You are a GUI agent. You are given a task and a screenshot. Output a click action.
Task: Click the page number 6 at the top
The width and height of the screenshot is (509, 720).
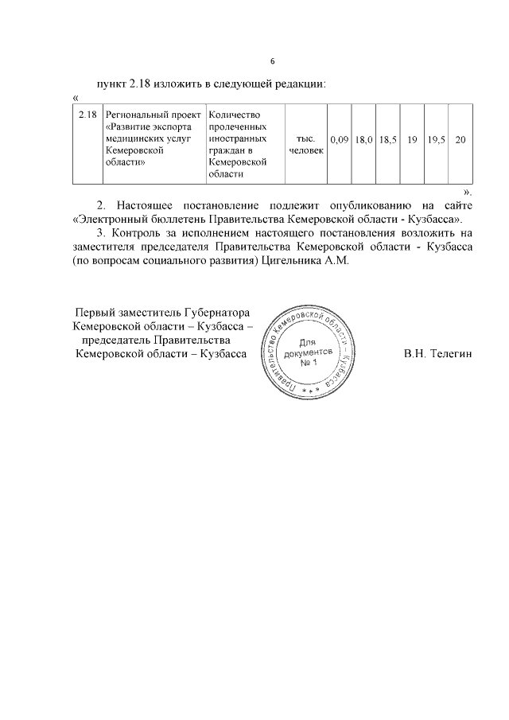click(x=272, y=61)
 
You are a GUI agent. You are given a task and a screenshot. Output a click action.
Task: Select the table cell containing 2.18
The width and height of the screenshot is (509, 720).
click(x=87, y=115)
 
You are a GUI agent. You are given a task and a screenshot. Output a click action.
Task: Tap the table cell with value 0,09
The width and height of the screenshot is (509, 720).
click(x=340, y=140)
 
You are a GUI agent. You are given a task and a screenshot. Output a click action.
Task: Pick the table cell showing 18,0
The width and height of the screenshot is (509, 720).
click(x=364, y=140)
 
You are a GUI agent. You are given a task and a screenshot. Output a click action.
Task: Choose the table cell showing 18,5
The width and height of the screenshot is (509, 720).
click(x=388, y=140)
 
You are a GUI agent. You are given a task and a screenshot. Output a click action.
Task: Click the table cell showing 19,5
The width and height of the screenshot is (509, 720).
click(x=436, y=140)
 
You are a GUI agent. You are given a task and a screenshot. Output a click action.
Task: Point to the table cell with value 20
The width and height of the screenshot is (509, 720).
click(x=460, y=140)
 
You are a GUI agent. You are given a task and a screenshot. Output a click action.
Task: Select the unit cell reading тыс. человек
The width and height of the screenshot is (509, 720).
click(x=306, y=144)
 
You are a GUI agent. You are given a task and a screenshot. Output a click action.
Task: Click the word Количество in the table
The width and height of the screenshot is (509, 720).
click(x=233, y=115)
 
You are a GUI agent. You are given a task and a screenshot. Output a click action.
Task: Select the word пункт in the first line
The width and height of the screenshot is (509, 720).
click(x=111, y=84)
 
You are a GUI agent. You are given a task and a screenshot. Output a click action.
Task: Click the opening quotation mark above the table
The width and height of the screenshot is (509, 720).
click(x=75, y=97)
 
